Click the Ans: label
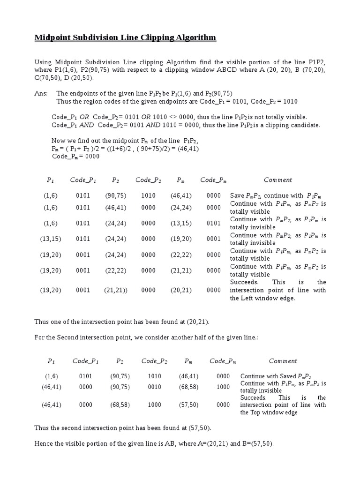tap(41, 93)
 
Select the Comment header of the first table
tap(277, 180)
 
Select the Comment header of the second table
tap(283, 361)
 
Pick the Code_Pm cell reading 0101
tap(213, 224)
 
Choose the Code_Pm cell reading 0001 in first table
tap(213, 239)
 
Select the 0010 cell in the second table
tap(154, 387)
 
